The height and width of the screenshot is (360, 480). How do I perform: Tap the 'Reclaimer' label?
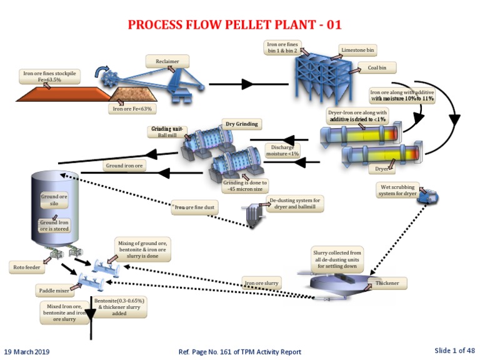(x=162, y=61)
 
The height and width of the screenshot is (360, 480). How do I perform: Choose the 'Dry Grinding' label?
(x=241, y=124)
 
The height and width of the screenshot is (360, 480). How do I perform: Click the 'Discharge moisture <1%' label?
(x=282, y=150)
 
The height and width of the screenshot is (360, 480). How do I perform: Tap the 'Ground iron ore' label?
(x=124, y=167)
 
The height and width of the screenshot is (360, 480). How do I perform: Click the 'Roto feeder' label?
(x=27, y=267)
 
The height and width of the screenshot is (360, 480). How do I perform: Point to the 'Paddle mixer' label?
(x=52, y=291)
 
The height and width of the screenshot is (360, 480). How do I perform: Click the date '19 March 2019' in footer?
(x=27, y=351)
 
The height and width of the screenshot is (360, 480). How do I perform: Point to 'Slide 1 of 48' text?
(x=454, y=350)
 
